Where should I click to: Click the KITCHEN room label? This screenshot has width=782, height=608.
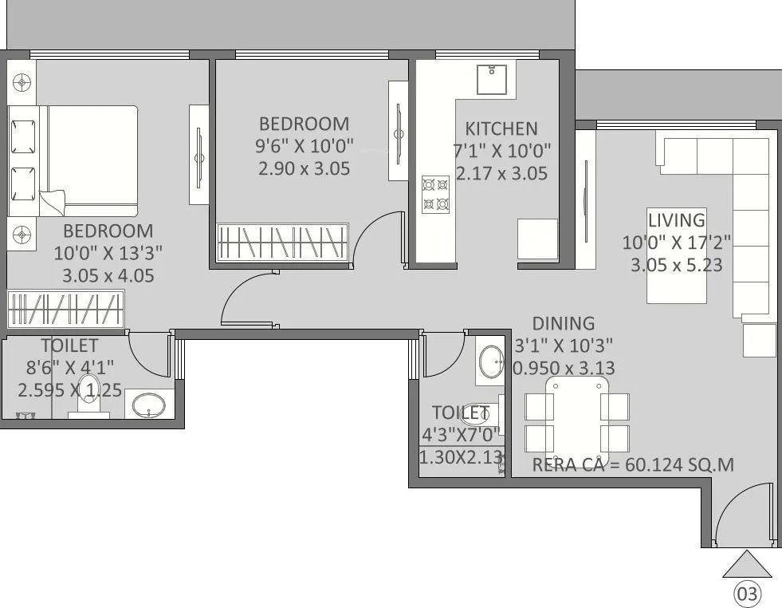[501, 128]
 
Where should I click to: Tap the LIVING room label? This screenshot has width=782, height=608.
[676, 220]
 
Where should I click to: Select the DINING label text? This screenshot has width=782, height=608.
[564, 323]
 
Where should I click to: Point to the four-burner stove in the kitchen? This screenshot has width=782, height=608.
[435, 194]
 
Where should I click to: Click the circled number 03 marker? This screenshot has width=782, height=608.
[747, 594]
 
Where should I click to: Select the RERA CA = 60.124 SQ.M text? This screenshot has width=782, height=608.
[633, 465]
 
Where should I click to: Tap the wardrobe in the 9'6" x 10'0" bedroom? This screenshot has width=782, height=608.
[282, 240]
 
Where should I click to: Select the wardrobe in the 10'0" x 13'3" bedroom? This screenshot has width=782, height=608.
[66, 309]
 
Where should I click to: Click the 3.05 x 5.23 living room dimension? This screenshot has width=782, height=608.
[676, 264]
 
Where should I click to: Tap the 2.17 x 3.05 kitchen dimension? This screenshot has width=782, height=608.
[501, 172]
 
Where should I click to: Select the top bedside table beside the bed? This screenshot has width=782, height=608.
[22, 81]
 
